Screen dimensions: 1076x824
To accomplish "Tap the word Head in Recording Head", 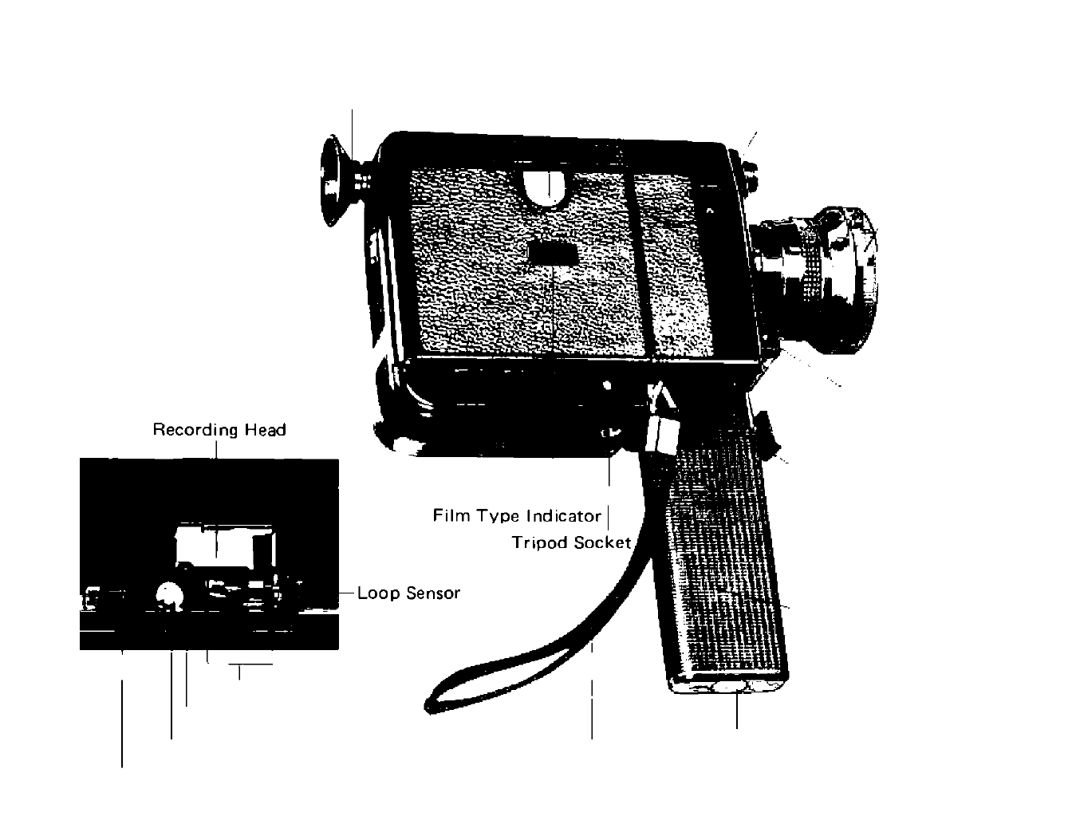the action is pyautogui.click(x=266, y=430).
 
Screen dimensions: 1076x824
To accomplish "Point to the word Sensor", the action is pyautogui.click(x=433, y=593).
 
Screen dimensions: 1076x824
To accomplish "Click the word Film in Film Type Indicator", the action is pyautogui.click(x=451, y=515).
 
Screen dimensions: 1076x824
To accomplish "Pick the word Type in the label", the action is pyautogui.click(x=498, y=516).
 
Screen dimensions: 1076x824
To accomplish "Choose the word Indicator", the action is pyautogui.click(x=562, y=515).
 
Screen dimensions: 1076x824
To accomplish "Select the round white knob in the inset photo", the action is pyautogui.click(x=169, y=595).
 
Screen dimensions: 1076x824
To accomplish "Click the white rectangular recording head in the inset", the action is pyautogui.click(x=215, y=542).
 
